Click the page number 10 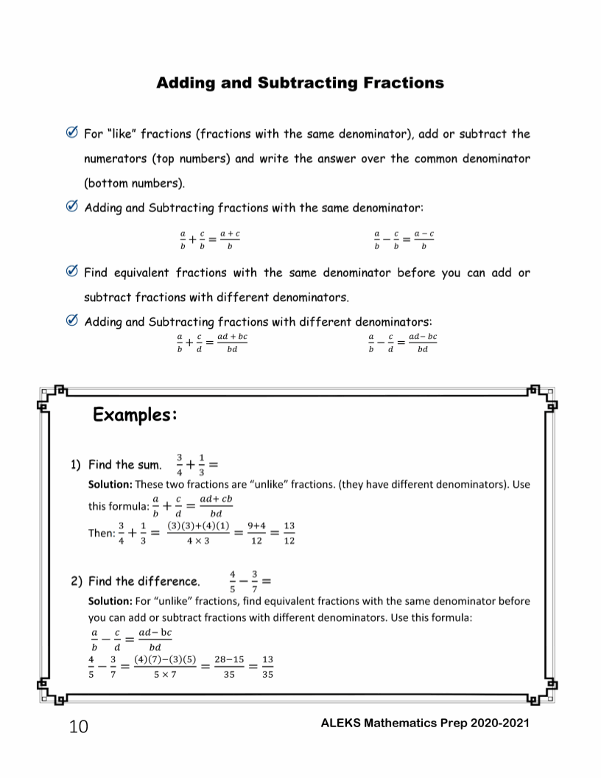pyautogui.click(x=78, y=727)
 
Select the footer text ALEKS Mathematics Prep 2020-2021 pyautogui.click(x=425, y=723)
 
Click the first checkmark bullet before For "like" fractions pyautogui.click(x=72, y=134)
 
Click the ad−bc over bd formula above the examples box pyautogui.click(x=422, y=343)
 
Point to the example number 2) pyautogui.click(x=77, y=581)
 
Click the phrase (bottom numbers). pyautogui.click(x=135, y=182)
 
